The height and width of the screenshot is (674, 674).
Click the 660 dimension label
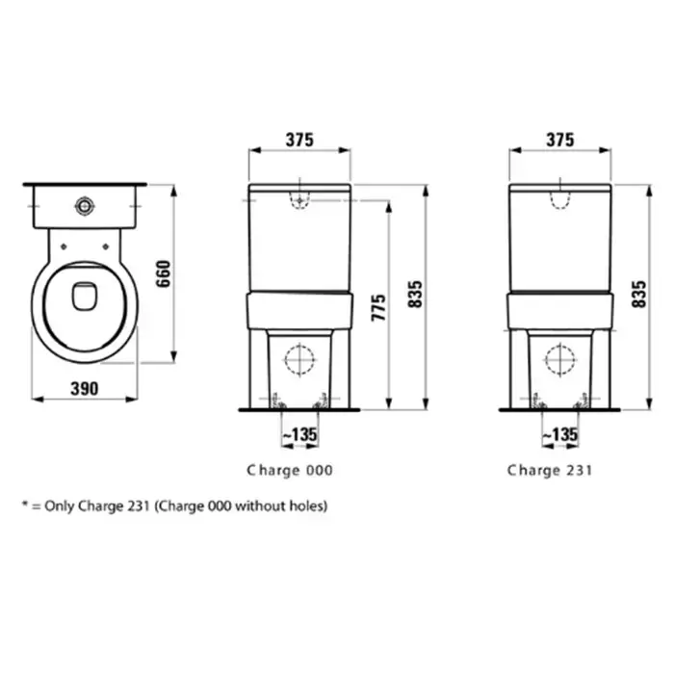coord(164,273)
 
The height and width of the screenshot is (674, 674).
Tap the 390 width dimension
coord(85,389)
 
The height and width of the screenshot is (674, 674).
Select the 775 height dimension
coord(378,308)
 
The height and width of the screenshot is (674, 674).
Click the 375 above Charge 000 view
coord(299,140)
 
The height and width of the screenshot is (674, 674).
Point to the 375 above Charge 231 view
coord(560,140)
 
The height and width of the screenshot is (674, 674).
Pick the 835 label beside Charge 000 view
coord(415,295)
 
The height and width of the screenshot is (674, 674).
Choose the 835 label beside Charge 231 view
coord(639,295)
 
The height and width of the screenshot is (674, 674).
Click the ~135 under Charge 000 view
coord(300,434)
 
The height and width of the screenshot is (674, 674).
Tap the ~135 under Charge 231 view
coord(560,434)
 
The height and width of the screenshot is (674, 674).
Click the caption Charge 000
coord(290,470)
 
